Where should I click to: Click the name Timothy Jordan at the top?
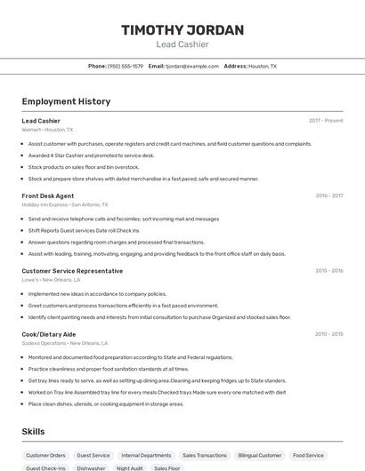[182, 30]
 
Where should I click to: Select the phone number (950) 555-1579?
[126, 66]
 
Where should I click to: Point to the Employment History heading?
[66, 101]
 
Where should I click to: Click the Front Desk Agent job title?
[48, 196]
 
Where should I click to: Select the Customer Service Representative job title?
[72, 271]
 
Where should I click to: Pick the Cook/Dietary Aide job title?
[49, 334]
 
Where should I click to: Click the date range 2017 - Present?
[326, 121]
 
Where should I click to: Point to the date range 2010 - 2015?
[328, 334]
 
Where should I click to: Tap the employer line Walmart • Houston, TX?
[47, 130]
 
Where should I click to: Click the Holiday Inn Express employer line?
[65, 204]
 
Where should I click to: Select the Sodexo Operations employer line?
[65, 343]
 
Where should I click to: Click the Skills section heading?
[34, 431]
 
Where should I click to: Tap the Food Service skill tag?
[308, 455]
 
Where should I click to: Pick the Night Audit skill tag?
[129, 467]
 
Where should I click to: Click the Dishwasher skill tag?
[91, 467]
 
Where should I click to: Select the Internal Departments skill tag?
[146, 455]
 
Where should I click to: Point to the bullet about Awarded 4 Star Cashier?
[91, 156]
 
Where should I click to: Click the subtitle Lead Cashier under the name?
[182, 44]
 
